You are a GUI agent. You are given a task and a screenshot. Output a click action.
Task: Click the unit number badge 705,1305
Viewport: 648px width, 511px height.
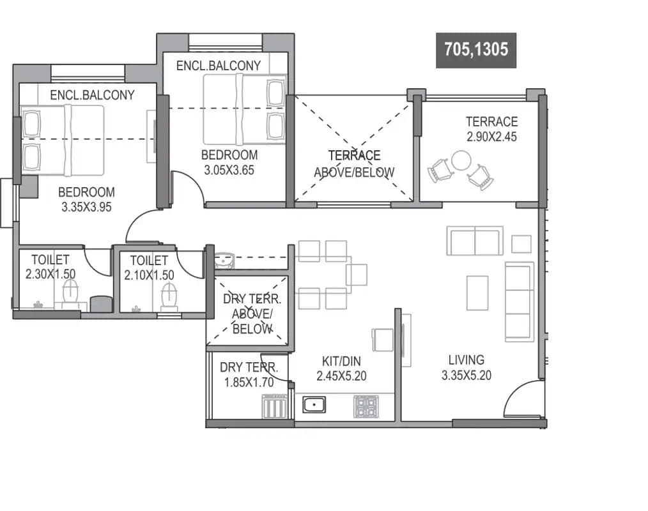(476, 50)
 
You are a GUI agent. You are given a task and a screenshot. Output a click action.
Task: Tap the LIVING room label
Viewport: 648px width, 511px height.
(466, 360)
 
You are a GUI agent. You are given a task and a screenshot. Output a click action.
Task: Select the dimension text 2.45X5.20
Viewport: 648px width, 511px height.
(341, 376)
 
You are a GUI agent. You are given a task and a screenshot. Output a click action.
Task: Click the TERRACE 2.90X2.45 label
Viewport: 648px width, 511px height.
(491, 128)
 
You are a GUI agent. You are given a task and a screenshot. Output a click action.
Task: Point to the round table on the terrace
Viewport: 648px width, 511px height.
(461, 160)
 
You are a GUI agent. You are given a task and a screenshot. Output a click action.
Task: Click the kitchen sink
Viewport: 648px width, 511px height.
(314, 404)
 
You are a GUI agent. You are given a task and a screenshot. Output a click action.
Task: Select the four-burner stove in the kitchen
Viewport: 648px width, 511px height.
(366, 406)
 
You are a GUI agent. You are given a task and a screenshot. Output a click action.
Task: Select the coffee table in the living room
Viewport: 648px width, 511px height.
(478, 293)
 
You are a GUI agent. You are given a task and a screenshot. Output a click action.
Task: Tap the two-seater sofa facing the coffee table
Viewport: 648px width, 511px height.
(475, 241)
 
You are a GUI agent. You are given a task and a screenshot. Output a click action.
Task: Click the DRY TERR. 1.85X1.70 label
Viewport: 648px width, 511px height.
(249, 375)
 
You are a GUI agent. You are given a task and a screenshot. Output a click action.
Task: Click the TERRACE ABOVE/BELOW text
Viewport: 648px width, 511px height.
(354, 164)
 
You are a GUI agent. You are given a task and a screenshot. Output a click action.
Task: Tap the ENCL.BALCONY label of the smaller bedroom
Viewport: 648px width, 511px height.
(219, 65)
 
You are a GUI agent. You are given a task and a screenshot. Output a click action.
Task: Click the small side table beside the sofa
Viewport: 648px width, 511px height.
(521, 243)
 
